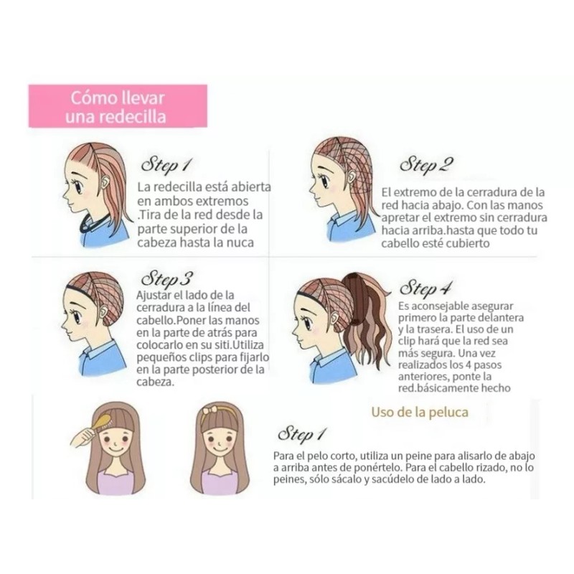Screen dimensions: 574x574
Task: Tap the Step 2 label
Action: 426,166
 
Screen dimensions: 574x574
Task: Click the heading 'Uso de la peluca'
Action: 420,412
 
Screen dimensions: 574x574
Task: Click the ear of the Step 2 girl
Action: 337,182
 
